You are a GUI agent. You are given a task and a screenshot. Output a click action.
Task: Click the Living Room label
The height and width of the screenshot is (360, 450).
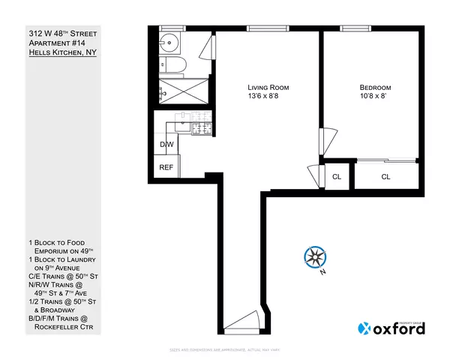coord(268,88)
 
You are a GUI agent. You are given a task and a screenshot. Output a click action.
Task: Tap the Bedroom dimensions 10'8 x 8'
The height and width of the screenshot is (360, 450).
coord(374,97)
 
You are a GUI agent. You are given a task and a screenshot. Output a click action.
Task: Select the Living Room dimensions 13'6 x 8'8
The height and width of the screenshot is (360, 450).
coord(268,97)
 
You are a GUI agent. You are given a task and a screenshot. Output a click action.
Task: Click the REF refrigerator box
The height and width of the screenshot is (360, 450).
coord(166,167)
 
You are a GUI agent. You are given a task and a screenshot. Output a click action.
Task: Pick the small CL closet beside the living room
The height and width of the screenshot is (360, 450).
coord(337,177)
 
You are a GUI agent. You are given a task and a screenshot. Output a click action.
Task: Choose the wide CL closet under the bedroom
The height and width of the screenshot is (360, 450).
coord(385,177)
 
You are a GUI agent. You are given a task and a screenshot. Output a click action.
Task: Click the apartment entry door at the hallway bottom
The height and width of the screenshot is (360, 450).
coord(244,324)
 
